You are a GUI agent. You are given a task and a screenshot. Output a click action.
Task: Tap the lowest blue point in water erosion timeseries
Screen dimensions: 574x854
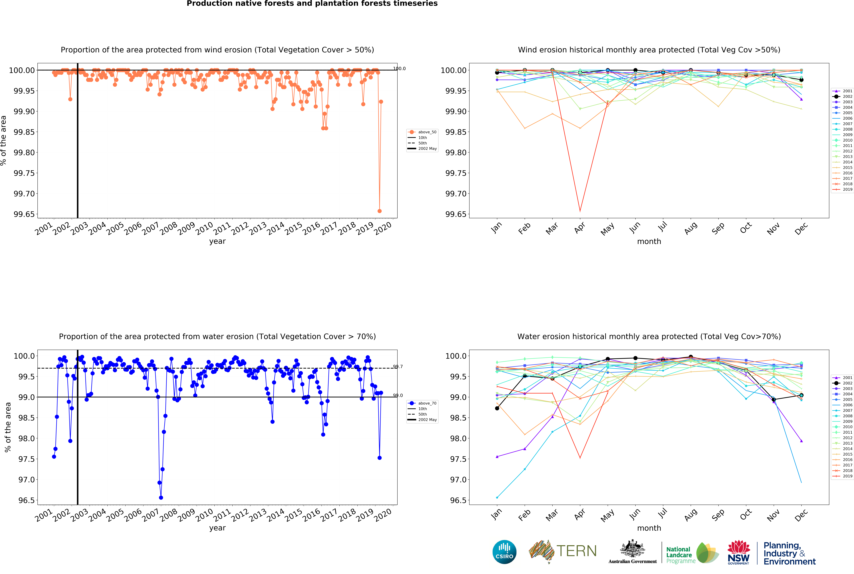[161, 498]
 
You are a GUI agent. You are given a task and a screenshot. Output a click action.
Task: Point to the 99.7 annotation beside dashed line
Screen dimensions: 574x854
[398, 366]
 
